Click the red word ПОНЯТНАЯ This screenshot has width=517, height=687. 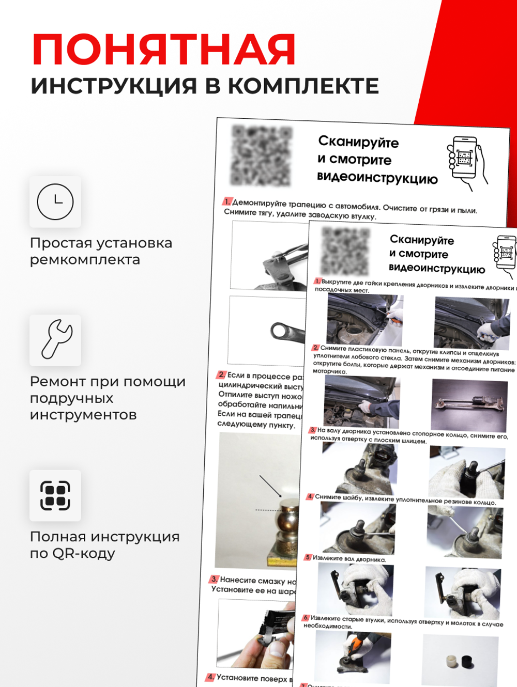(x=164, y=50)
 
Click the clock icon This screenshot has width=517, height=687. (x=55, y=201)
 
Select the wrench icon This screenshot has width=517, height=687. (x=55, y=339)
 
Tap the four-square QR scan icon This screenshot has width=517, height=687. (x=55, y=495)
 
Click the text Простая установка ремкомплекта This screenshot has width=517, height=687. (x=101, y=251)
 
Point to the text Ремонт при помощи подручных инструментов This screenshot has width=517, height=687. (x=107, y=398)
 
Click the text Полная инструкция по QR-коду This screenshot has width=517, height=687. (x=104, y=544)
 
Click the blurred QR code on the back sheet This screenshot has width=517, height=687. (x=262, y=155)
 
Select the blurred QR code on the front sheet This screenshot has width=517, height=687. (x=345, y=251)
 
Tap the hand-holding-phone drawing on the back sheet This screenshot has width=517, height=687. (x=467, y=163)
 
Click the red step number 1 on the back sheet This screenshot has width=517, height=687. (x=227, y=201)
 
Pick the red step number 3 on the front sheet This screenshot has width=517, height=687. (x=312, y=430)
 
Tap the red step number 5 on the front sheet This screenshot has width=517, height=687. (x=308, y=557)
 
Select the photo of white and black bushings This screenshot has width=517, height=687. (x=460, y=661)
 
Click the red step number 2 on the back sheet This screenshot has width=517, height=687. (x=222, y=374)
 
